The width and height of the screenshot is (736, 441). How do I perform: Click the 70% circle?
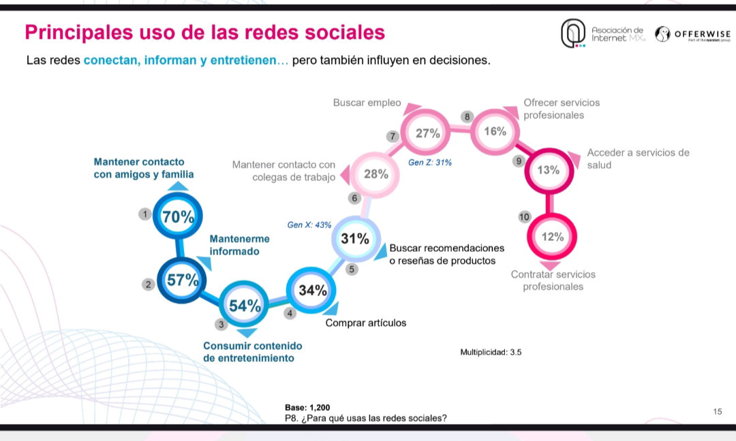[177, 216]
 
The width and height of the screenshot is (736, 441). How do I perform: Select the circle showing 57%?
[182, 280]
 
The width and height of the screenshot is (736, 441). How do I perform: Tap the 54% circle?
[244, 305]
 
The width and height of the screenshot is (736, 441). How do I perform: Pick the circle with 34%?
[311, 291]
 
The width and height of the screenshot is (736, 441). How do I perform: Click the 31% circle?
[355, 239]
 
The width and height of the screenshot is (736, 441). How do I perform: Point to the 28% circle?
[375, 174]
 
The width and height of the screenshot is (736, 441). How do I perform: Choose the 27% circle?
[426, 133]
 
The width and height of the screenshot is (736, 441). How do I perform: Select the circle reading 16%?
[495, 132]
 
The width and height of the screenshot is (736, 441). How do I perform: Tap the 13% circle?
[549, 170]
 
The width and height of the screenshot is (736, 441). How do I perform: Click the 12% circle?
[552, 237]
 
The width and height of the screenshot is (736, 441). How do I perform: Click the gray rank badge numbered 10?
[524, 217]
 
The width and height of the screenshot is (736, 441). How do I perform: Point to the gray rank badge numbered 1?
[145, 214]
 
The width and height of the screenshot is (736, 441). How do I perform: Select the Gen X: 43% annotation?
[309, 225]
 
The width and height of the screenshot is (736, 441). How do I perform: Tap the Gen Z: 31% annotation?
[430, 163]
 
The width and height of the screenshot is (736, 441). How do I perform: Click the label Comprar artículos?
[366, 323]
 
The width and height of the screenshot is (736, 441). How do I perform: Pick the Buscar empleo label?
[367, 103]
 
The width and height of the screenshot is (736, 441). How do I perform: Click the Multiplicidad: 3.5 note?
[491, 352]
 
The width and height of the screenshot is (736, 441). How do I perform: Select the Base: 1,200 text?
[307, 408]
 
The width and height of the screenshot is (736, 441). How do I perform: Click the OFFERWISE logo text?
[702, 34]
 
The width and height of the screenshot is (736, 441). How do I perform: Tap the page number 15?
[718, 412]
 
